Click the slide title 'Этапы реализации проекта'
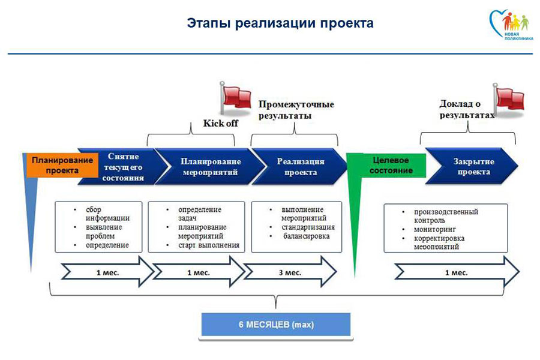(x=280, y=24)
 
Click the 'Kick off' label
(x=220, y=124)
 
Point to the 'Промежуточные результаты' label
(x=296, y=110)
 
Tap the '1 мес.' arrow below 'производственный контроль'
(x=457, y=272)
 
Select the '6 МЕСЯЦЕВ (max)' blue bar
(x=275, y=325)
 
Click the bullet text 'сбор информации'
(x=107, y=214)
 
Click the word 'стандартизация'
(x=308, y=227)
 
